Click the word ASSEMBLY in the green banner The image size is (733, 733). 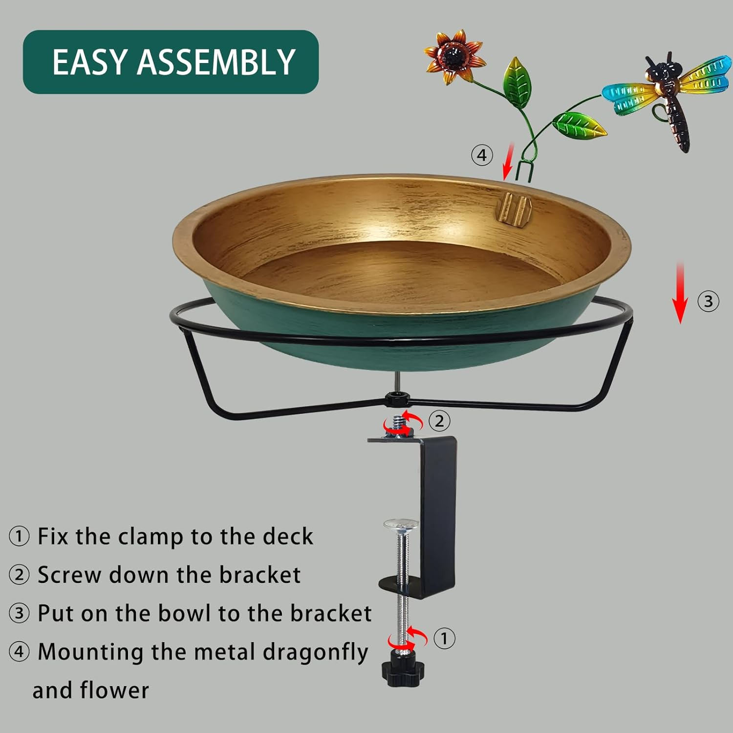[216, 62]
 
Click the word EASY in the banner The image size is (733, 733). [90, 62]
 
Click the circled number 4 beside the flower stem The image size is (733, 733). [482, 155]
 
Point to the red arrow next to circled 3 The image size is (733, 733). [680, 293]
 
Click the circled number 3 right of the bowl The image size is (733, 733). [708, 301]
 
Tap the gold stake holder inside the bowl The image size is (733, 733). [513, 208]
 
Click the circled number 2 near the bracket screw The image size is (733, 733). [439, 421]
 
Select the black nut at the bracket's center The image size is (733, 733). [393, 399]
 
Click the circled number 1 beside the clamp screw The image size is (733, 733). [444, 638]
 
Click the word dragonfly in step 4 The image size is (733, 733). [316, 652]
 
